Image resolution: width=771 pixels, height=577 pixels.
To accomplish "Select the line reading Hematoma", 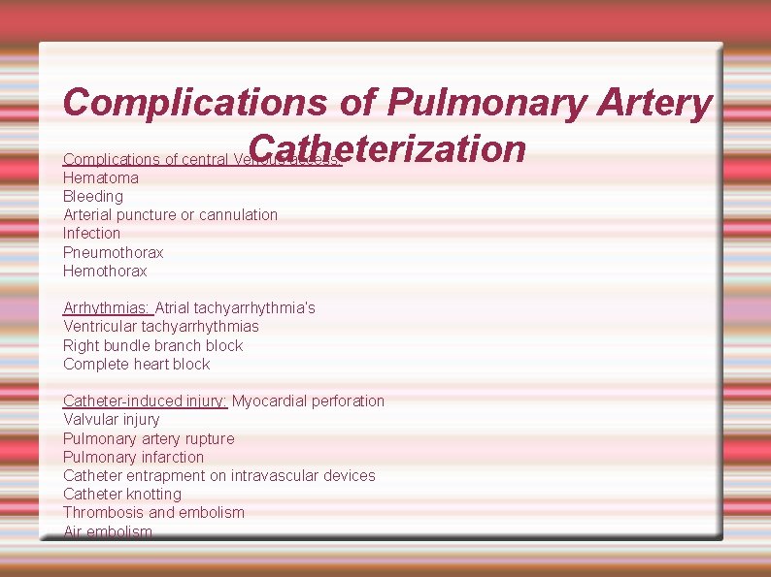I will point(101,177).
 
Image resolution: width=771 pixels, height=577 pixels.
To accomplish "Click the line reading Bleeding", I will point(93,196).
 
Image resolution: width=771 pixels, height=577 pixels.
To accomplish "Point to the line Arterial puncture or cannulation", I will point(170,214).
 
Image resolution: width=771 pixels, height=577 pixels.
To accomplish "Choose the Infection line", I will point(92,233).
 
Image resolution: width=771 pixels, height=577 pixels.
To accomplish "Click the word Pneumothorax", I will point(114,252).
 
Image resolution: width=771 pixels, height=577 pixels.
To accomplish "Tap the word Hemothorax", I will point(105,271).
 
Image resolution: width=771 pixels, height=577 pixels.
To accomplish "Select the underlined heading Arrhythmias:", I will point(107,307).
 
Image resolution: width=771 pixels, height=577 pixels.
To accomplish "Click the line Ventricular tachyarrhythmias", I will point(161,326).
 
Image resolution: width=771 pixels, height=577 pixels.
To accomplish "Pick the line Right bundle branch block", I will point(153,345).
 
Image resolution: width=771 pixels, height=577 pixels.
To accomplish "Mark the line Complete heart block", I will point(137,364).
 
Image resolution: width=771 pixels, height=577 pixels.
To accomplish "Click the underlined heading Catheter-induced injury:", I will point(145,401).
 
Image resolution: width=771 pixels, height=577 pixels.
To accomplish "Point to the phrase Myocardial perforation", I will point(309,401).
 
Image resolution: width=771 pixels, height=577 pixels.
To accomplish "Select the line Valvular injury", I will point(112,419).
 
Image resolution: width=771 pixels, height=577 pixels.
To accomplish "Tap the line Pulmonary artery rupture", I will point(149,438).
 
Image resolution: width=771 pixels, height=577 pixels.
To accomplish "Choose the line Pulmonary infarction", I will point(134,457).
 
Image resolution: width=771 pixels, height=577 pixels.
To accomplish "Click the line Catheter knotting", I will point(122,494).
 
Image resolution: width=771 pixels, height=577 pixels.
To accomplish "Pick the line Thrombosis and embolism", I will point(153,512).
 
